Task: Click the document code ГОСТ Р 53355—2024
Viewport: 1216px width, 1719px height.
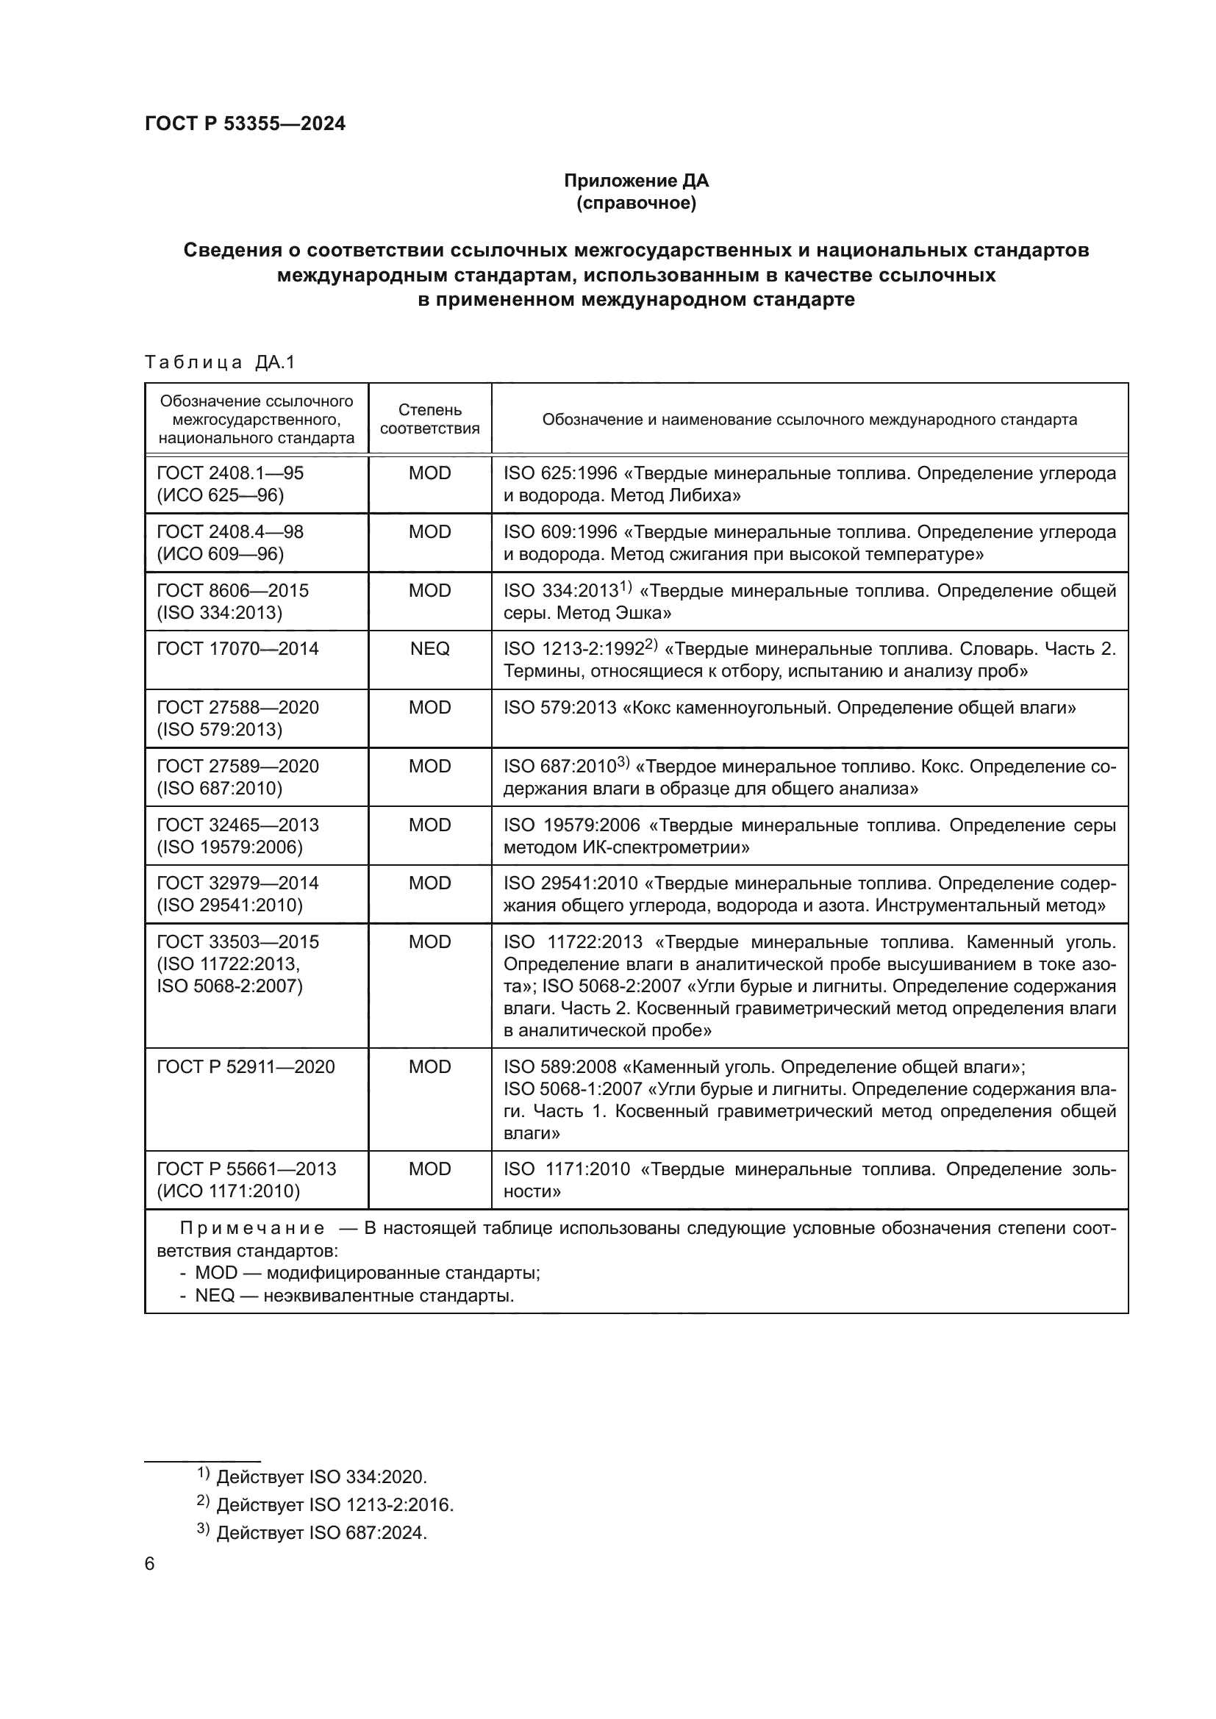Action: coord(245,124)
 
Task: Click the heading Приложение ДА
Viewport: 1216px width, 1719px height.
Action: coord(636,181)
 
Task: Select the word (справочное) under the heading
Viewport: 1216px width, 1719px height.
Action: coord(636,203)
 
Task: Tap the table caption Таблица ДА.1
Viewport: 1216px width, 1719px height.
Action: coord(220,362)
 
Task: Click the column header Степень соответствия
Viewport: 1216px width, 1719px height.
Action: coord(430,419)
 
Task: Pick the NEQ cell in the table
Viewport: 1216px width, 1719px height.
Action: coord(430,649)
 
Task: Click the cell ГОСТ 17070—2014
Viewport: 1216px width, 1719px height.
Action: coord(237,649)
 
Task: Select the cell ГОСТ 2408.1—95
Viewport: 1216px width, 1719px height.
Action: coord(230,473)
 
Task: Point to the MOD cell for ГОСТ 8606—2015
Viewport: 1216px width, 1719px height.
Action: coord(430,591)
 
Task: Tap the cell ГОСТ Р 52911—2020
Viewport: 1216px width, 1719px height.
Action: coord(246,1067)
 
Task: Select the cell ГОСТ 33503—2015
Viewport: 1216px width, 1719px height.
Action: coord(237,942)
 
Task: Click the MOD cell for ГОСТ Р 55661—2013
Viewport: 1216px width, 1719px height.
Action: coord(430,1169)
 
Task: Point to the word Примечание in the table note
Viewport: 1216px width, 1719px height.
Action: coord(252,1229)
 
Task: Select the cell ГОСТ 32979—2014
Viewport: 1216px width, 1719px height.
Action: coord(237,883)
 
